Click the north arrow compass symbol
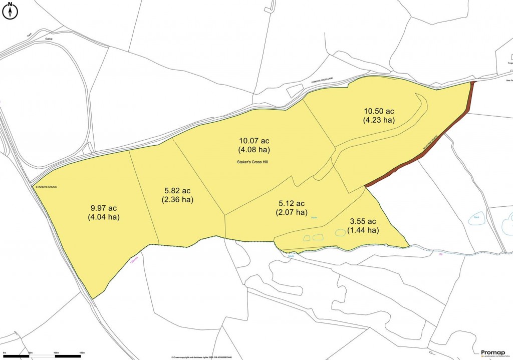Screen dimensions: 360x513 coord(10,10)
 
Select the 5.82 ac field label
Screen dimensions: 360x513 coord(177,191)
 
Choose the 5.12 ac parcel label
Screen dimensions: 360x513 coord(292,203)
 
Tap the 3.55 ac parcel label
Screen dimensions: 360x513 coord(362,222)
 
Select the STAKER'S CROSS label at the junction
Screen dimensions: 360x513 coord(46,187)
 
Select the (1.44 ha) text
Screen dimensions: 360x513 coord(362,230)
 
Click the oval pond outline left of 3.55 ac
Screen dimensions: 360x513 coord(340,232)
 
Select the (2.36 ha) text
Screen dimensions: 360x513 coord(177,200)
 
